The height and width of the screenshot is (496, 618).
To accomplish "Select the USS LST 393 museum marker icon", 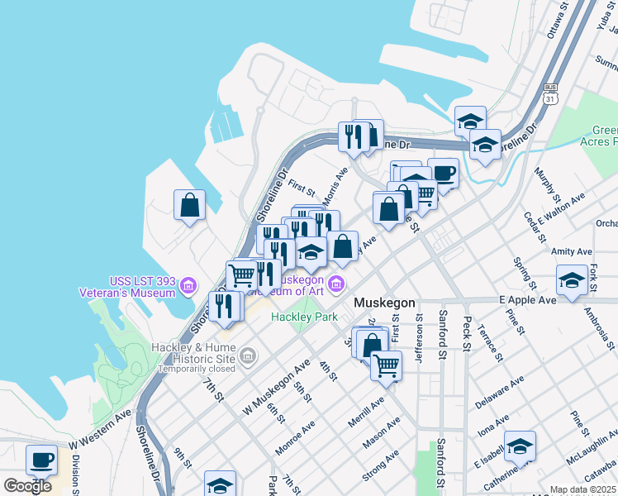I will point(188,286).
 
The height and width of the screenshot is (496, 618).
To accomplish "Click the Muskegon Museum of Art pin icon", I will point(335,286).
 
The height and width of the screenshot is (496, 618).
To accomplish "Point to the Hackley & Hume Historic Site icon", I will point(247,356).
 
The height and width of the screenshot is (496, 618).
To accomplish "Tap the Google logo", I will point(28,485).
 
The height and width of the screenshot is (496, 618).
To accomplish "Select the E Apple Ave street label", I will point(528,299).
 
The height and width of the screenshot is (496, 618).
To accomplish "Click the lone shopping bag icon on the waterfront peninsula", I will point(189,205).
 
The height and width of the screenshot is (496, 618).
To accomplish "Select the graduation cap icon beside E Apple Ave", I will point(571,279).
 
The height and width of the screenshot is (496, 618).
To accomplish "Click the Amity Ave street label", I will point(573,251).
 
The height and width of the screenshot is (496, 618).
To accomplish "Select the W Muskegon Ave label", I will point(276,387).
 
